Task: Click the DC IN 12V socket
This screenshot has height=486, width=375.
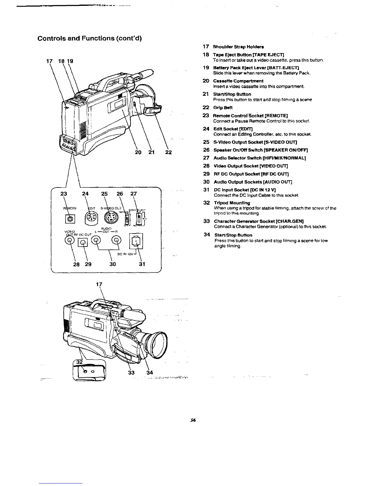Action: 136,240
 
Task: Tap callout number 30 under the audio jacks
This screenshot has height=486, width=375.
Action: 112,264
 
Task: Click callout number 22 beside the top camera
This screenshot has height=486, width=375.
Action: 168,152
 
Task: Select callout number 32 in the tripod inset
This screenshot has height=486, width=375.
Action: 80,362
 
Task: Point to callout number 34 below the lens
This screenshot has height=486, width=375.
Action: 150,373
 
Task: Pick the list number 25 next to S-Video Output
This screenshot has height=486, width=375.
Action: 206,142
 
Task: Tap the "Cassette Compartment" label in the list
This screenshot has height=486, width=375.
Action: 238,81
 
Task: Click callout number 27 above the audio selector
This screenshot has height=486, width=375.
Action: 134,194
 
